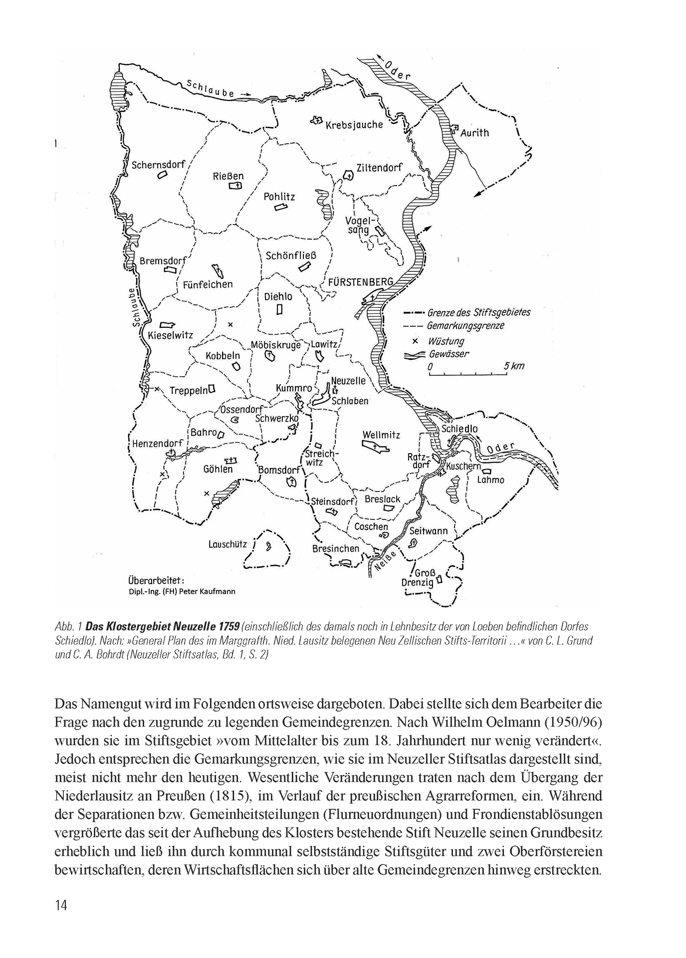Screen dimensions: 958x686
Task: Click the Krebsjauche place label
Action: [x=354, y=125]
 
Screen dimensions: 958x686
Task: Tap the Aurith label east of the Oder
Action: [x=474, y=133]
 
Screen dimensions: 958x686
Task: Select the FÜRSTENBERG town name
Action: [x=361, y=282]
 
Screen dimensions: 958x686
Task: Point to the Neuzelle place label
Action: [x=348, y=381]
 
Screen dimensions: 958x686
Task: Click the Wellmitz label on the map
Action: [x=381, y=435]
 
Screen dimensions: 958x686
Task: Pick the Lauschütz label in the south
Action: [x=228, y=544]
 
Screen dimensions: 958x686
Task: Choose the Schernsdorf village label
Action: [x=159, y=165]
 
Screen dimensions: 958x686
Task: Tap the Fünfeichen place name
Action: [x=208, y=284]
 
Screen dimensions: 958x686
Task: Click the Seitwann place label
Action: [x=429, y=531]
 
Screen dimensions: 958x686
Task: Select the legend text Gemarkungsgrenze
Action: [x=465, y=326]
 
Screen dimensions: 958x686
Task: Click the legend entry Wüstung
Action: [x=446, y=341]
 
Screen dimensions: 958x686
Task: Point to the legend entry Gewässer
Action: [x=449, y=354]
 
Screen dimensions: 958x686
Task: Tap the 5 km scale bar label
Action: [x=514, y=366]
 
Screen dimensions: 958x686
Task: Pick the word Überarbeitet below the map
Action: [x=156, y=580]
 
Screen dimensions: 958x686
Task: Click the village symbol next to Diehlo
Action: [x=280, y=309]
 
